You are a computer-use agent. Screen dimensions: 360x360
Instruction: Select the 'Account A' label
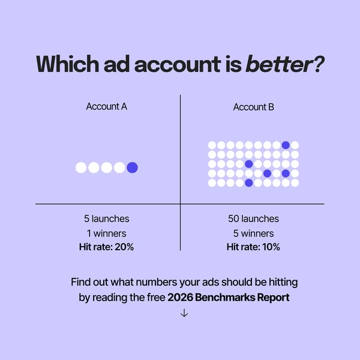[x=107, y=107]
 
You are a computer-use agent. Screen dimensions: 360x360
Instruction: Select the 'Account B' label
[x=253, y=107]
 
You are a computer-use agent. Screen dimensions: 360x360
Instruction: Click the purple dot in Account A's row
[x=132, y=167]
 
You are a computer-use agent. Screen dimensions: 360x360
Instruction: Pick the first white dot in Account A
[x=81, y=167]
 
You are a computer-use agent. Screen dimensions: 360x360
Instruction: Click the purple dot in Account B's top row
[x=286, y=145]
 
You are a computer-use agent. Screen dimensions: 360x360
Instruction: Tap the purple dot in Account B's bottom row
[x=248, y=182]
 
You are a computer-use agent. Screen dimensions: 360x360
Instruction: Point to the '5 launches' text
[x=107, y=219]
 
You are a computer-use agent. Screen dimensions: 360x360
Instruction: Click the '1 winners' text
[x=107, y=233]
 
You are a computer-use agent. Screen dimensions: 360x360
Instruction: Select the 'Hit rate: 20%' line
[x=107, y=247]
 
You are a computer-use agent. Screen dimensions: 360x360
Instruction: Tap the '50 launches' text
[x=253, y=219]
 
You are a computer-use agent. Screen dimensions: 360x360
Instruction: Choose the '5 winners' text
[x=253, y=233]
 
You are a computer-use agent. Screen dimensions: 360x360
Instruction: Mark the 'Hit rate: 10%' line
[x=253, y=247]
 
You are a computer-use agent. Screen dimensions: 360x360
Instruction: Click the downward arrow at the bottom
[x=184, y=313]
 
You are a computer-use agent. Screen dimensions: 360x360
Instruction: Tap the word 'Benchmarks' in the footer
[x=226, y=297]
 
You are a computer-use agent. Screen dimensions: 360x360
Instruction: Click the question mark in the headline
[x=318, y=64]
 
